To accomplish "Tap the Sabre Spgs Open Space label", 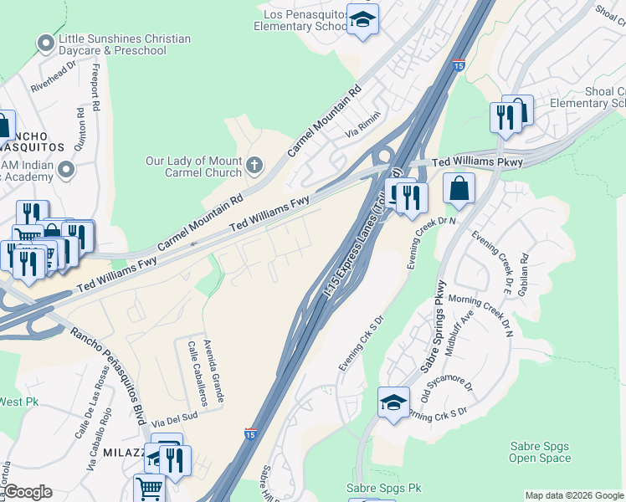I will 540,453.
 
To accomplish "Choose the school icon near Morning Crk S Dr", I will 393,402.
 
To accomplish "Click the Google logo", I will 28,492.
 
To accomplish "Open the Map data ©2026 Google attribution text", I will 573,495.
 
